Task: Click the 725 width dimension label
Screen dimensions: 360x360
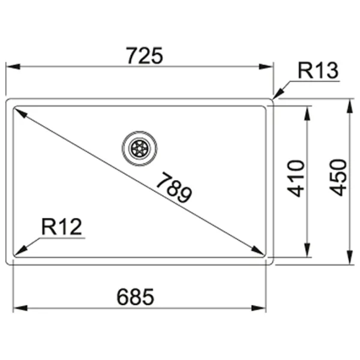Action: tap(145, 56)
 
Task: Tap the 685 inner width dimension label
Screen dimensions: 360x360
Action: tap(136, 296)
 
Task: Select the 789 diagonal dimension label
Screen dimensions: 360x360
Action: tap(173, 188)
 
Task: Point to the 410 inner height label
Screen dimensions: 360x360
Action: tap(296, 178)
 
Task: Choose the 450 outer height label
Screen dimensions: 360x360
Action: tap(338, 178)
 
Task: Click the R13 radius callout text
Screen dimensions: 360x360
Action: tap(318, 70)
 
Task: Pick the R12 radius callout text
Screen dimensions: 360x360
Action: tap(62, 227)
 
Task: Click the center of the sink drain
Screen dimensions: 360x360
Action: tap(140, 148)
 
